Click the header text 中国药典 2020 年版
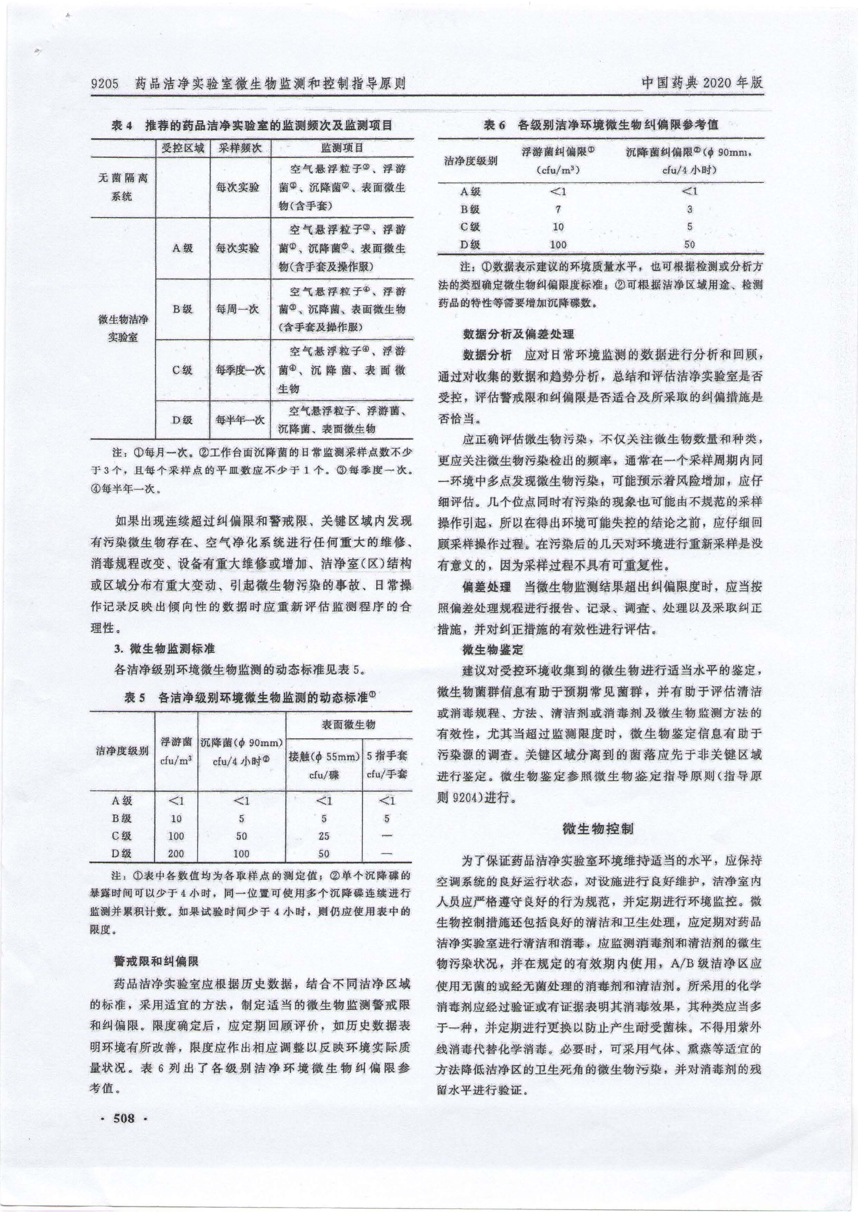[702, 83]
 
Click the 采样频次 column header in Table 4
[240, 148]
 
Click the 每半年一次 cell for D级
[240, 420]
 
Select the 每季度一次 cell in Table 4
[240, 370]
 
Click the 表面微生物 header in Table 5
[349, 725]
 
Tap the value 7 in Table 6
[558, 209]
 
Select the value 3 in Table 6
[690, 209]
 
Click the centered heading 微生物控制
[598, 828]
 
